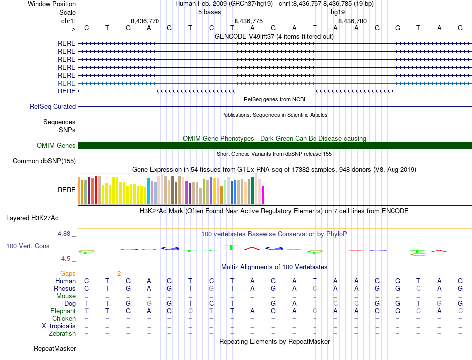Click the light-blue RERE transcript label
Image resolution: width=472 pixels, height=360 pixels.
(67, 83)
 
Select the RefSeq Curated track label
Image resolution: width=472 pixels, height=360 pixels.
(53, 106)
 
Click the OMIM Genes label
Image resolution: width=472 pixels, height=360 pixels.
(56, 145)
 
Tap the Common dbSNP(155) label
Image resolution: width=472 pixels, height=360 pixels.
(44, 161)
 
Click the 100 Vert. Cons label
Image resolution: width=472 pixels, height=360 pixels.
(28, 246)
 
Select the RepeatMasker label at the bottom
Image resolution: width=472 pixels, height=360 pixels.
(55, 349)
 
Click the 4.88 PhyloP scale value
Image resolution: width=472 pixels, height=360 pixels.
(66, 233)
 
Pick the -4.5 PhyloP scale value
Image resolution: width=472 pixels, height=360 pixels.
(66, 259)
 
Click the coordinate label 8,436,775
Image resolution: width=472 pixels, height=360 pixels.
(248, 21)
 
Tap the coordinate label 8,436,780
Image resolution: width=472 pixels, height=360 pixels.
(352, 21)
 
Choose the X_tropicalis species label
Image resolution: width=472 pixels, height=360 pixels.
(59, 326)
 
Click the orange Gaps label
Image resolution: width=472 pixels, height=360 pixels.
(68, 273)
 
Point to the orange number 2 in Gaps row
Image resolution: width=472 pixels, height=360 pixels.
(119, 273)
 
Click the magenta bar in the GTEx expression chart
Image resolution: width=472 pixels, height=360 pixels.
(263, 195)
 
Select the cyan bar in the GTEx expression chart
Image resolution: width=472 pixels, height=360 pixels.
(149, 190)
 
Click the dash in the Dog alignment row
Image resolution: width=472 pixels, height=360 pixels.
(253, 303)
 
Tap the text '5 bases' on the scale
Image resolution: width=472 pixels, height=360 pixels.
(209, 11)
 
